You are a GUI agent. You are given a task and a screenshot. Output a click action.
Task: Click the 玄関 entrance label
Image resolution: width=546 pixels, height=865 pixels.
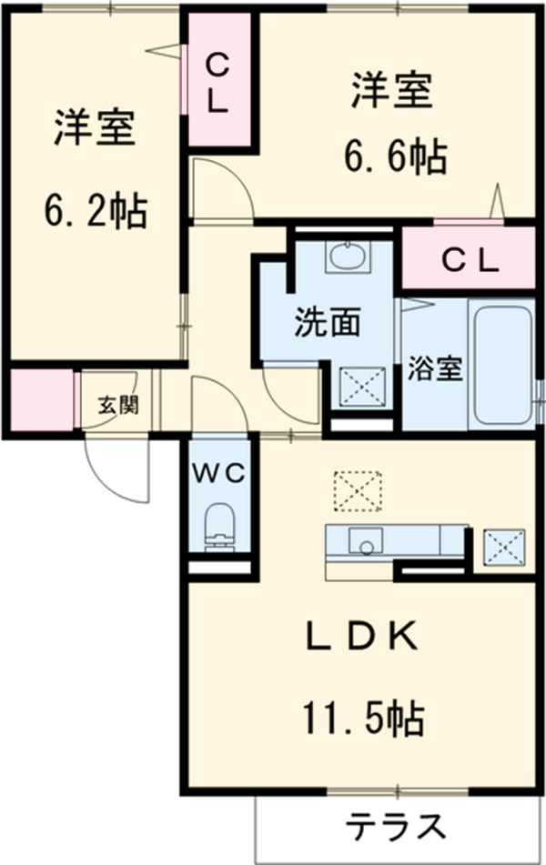(119, 405)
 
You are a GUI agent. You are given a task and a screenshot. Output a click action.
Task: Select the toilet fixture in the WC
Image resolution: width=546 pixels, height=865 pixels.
(218, 527)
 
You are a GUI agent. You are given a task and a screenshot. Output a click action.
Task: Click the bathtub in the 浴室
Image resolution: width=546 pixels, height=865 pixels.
(501, 364)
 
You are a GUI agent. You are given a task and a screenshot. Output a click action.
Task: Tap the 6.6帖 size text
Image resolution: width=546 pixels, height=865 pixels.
(394, 158)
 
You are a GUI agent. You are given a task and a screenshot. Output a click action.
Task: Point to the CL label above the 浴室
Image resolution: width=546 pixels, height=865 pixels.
(470, 261)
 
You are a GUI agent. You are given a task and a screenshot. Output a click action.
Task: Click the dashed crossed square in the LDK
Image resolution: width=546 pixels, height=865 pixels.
(357, 492)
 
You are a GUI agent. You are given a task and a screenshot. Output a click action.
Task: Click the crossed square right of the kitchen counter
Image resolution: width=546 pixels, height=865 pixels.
(501, 548)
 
